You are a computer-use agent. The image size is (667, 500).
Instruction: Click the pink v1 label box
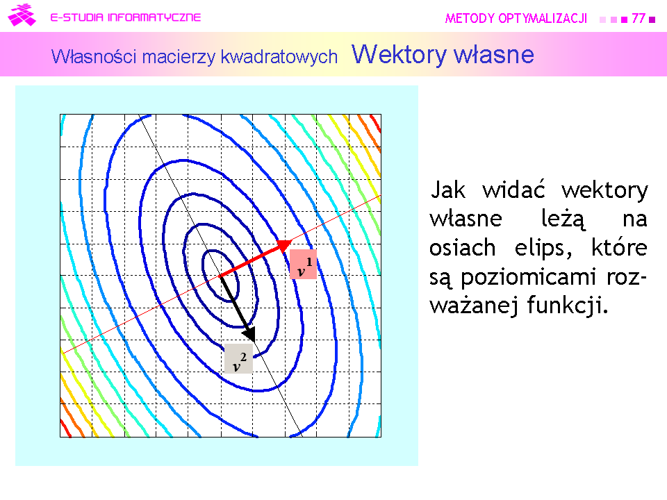(x=303, y=264)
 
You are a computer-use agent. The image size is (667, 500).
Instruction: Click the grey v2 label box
(x=238, y=359)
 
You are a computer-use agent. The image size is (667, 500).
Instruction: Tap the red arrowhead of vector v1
(x=284, y=245)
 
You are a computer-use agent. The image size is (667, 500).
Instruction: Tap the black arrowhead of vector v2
(x=249, y=334)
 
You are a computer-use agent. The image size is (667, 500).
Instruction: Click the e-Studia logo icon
(x=22, y=15)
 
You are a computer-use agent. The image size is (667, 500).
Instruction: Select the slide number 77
(x=638, y=18)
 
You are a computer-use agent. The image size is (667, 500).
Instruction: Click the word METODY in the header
(x=470, y=18)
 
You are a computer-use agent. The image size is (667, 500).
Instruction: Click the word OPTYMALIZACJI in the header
(x=543, y=18)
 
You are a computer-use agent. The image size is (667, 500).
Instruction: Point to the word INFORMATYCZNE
(x=154, y=17)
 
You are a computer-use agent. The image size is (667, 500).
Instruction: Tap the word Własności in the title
(x=94, y=56)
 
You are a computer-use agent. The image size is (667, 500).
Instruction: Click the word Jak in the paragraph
(x=448, y=190)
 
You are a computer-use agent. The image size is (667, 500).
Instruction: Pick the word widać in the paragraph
(x=513, y=189)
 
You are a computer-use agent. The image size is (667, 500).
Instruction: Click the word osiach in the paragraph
(x=463, y=247)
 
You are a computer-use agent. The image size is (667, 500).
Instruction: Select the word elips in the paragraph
(x=543, y=248)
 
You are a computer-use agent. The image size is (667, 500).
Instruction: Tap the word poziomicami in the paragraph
(x=528, y=278)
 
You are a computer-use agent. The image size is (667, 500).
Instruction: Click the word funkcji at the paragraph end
(x=568, y=306)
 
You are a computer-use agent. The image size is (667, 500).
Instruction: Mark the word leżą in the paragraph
(x=563, y=219)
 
